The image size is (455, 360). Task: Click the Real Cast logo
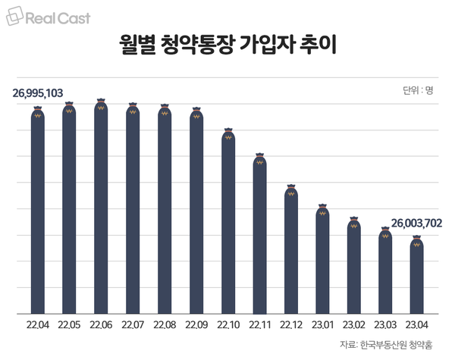click(x=47, y=17)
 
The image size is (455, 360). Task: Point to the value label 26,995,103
click(x=38, y=94)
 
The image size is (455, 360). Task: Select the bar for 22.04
click(x=38, y=212)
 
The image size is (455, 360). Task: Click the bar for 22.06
click(x=101, y=208)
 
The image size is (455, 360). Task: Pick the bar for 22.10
click(x=227, y=223)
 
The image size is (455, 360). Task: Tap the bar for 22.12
click(x=290, y=250)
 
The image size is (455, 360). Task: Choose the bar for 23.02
click(x=353, y=265)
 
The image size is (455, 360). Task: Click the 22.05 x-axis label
click(x=69, y=325)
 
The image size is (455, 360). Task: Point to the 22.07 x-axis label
click(x=133, y=325)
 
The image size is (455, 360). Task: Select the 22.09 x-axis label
click(x=196, y=325)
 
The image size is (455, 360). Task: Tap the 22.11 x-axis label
click(x=259, y=325)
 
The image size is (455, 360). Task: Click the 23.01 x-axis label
click(x=322, y=325)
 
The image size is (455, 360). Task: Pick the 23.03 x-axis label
click(x=385, y=325)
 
